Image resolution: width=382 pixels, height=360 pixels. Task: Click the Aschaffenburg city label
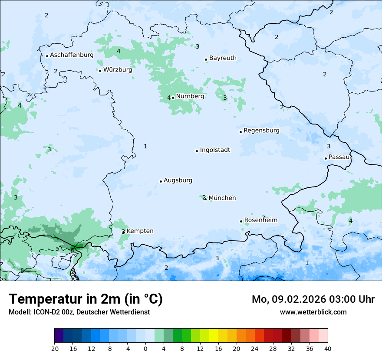tap(72, 55)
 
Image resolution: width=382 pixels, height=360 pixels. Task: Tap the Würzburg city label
tap(118, 70)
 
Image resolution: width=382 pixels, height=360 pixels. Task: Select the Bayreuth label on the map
tap(223, 58)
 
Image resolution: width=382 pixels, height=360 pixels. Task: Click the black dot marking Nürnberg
tap(173, 98)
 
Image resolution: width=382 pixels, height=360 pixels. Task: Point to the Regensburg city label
tap(261, 131)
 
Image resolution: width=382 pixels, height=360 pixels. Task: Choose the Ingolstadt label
tap(215, 150)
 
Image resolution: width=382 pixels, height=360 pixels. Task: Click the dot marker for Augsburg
tap(161, 181)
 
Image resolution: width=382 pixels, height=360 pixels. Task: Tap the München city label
tap(222, 198)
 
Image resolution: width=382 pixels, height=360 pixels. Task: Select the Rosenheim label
tap(260, 220)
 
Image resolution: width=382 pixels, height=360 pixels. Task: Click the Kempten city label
tap(140, 231)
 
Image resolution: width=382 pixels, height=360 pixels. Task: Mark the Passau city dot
tap(326, 158)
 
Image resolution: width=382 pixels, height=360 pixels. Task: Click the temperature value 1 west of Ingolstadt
tap(145, 147)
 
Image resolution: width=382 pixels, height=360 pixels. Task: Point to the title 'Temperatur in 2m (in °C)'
tap(86, 299)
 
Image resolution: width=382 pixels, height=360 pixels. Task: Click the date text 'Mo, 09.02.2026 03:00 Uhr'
tap(313, 299)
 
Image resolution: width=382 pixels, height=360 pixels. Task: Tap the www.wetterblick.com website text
tap(313, 312)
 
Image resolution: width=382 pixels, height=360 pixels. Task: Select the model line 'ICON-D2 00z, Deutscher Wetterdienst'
tap(79, 312)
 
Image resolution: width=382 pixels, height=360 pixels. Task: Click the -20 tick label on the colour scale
tap(54, 348)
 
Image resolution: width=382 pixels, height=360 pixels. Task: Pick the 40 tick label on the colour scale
tap(328, 348)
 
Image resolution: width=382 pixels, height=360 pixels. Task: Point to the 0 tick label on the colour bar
tap(145, 348)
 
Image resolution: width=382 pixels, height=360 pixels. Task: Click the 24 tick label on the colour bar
tap(255, 348)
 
